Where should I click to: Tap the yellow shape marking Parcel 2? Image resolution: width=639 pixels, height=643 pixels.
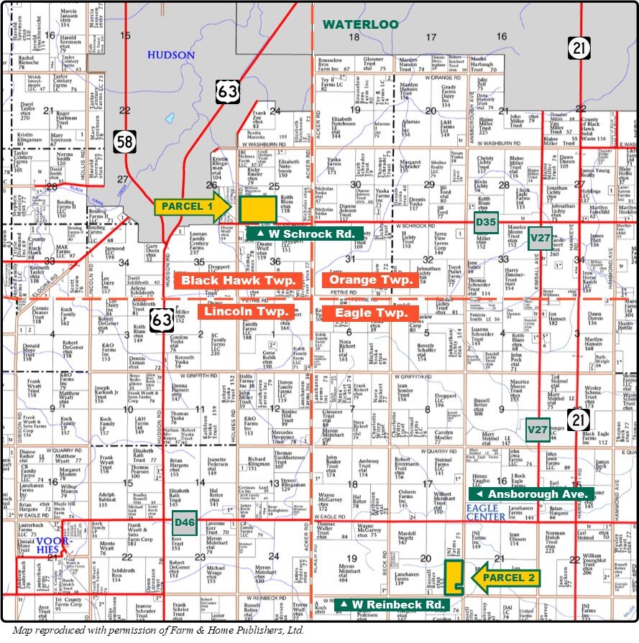(x=453, y=578)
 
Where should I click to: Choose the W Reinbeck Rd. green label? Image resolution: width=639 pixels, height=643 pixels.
(x=392, y=605)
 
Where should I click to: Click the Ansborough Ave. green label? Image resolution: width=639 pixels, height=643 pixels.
(x=531, y=494)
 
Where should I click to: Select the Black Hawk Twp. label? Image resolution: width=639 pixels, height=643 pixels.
(x=239, y=280)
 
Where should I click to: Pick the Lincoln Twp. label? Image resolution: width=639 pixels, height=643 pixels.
(x=246, y=312)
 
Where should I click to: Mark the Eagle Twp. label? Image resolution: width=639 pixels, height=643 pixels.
(x=369, y=313)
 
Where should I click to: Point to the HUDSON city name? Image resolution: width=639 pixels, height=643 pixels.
(x=170, y=55)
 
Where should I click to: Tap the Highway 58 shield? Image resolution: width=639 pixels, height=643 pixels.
(x=124, y=142)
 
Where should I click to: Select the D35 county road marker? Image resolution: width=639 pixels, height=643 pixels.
(x=486, y=223)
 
